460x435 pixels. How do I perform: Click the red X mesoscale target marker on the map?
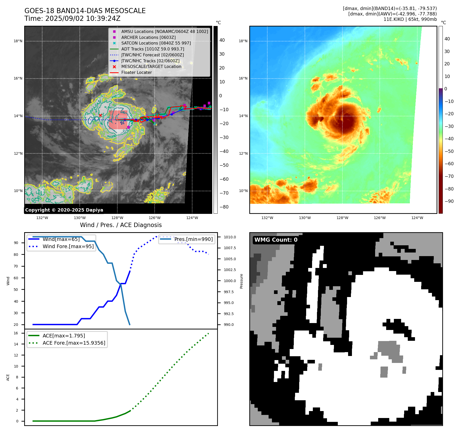100,115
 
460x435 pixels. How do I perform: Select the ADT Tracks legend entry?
153,49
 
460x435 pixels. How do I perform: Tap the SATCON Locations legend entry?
156,43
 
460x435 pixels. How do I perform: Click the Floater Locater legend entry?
136,72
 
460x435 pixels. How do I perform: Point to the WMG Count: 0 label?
276,240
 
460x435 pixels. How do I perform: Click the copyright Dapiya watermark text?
64,210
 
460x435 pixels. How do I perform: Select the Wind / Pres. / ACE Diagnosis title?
121,225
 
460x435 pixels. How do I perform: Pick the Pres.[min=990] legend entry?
193,239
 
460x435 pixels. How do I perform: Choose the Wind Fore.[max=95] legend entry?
68,246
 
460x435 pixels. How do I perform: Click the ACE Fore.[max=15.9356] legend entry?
74,343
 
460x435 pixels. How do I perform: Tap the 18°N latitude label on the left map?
18,41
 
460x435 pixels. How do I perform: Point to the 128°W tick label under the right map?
342,218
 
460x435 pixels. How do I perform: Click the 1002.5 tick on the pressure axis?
230,270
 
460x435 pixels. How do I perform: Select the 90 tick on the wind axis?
16,243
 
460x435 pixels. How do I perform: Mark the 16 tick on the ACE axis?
16,333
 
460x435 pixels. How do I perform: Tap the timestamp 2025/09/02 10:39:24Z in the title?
83,19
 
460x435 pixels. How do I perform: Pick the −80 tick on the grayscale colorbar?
224,207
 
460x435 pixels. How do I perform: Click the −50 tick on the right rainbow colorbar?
449,151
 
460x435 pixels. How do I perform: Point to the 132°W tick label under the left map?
42,218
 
